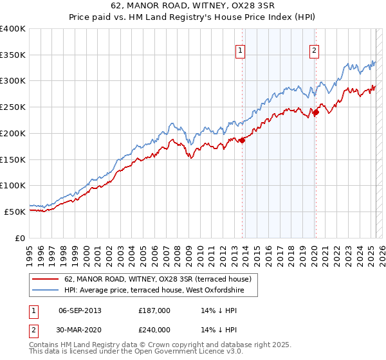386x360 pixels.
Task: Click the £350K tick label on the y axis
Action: [x=13, y=55]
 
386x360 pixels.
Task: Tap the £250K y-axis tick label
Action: [x=13, y=107]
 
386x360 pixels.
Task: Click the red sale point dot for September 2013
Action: [x=242, y=140]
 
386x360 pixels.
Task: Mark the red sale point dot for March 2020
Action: [x=316, y=113]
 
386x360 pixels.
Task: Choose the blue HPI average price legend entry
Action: [x=161, y=290]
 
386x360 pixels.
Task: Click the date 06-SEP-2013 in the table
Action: [x=80, y=310]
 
